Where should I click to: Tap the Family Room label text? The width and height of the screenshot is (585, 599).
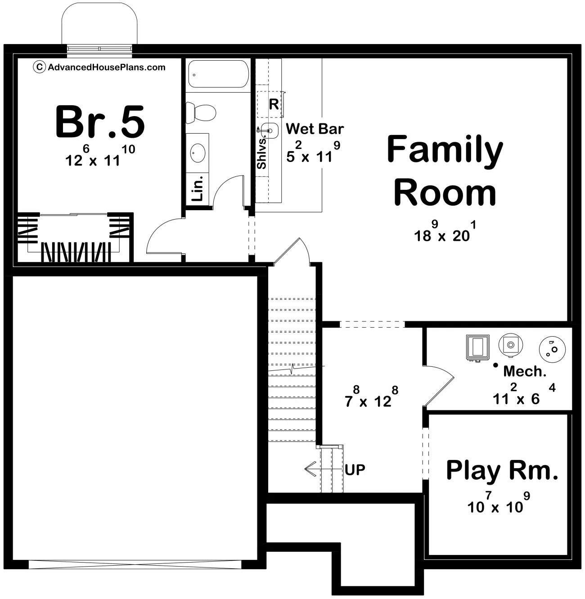(x=445, y=171)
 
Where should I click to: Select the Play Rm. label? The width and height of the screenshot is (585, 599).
(x=502, y=471)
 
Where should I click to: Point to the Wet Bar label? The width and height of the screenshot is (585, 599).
(x=315, y=129)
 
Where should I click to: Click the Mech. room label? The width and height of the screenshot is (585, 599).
(x=525, y=371)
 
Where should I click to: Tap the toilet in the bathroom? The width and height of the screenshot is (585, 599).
(x=201, y=113)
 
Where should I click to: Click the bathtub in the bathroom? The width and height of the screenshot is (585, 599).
(x=218, y=74)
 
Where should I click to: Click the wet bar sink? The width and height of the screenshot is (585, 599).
(x=270, y=131)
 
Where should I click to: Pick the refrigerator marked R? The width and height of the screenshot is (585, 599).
(x=270, y=104)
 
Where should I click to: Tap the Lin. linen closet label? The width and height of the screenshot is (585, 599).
(x=197, y=188)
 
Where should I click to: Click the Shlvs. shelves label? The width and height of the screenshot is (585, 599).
(x=261, y=153)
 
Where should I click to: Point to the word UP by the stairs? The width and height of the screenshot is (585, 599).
(x=355, y=469)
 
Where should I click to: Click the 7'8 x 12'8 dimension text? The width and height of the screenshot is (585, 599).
(x=371, y=397)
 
